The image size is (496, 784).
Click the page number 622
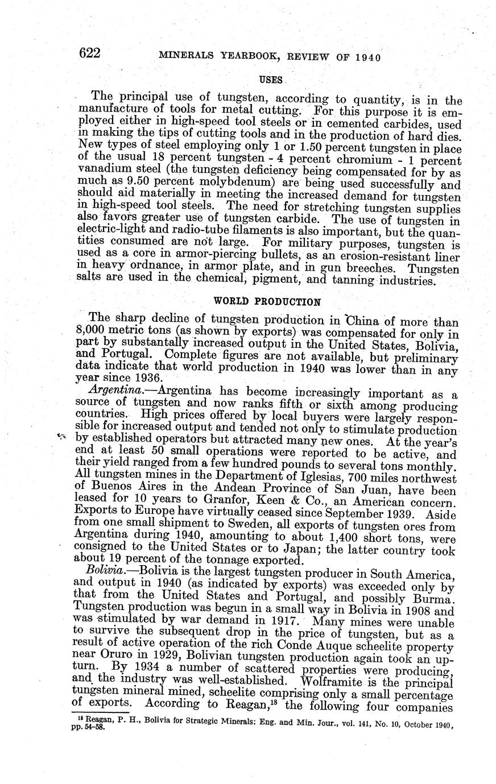tap(90, 54)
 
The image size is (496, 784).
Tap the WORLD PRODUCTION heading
tap(267, 301)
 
